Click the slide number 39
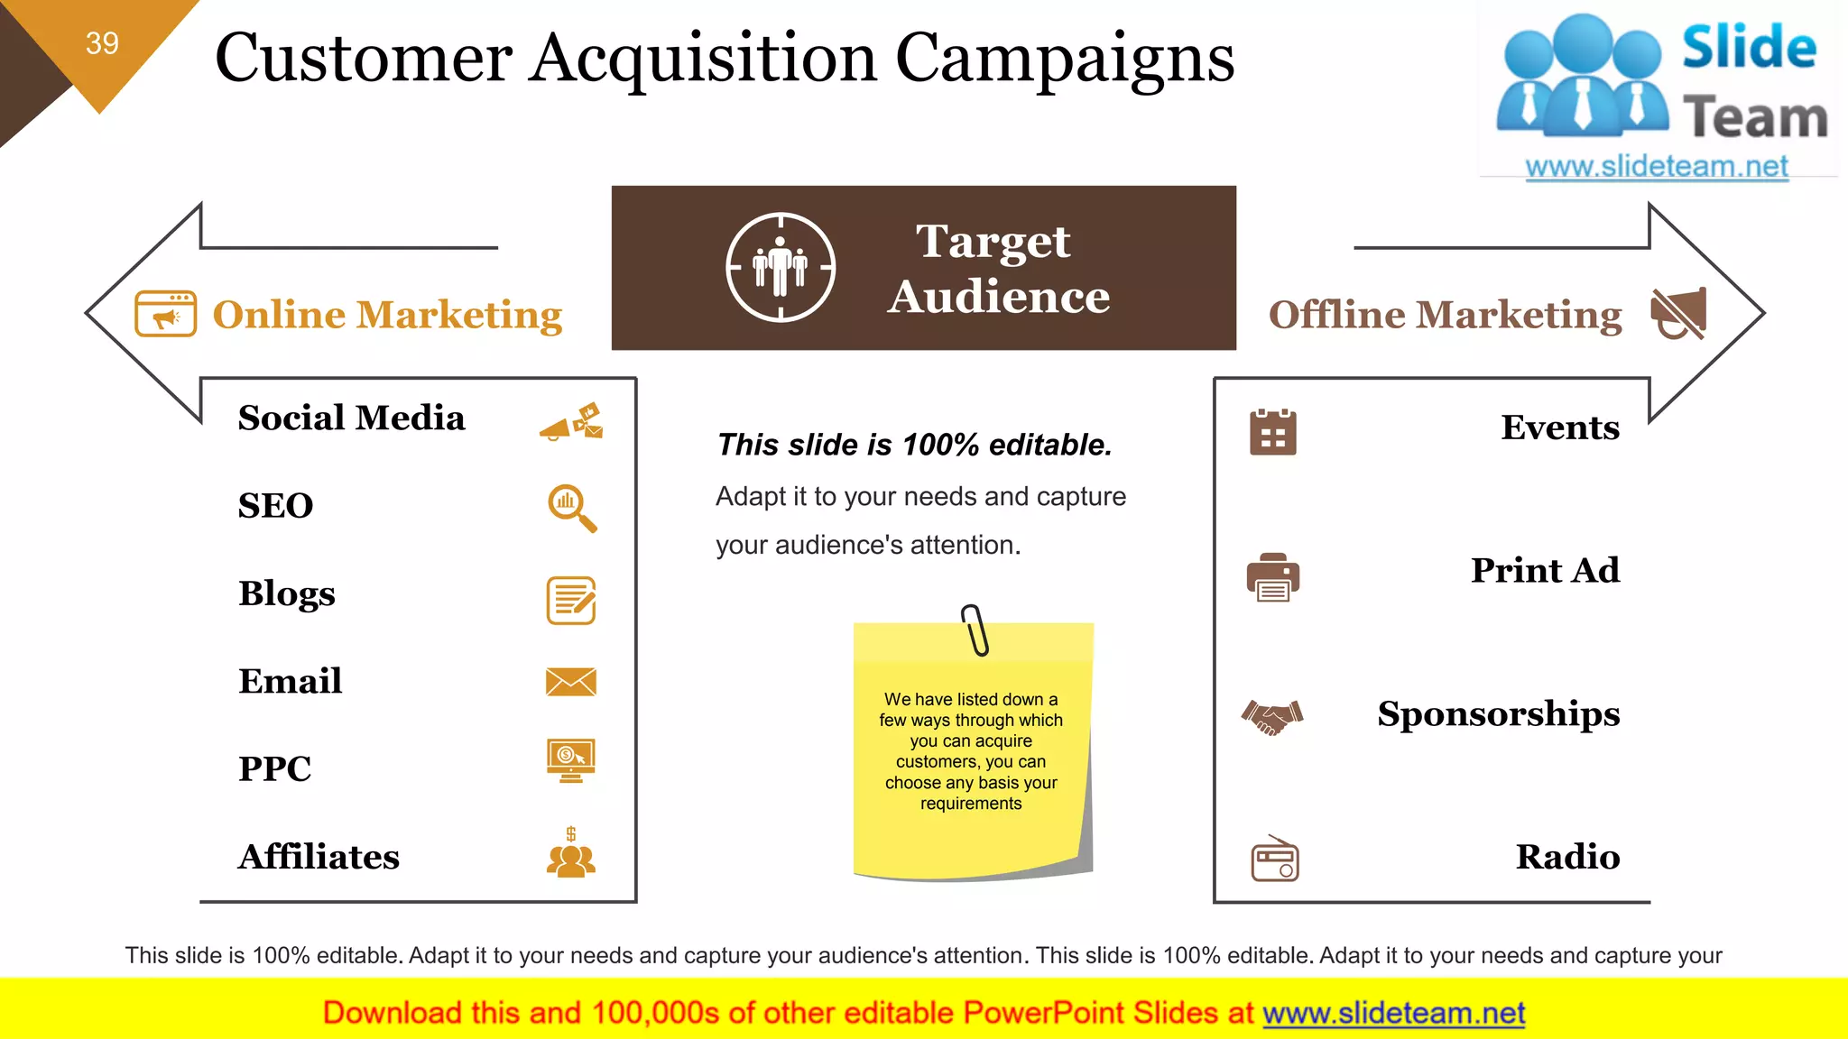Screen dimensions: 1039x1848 click(x=102, y=42)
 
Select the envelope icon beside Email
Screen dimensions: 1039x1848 click(x=571, y=682)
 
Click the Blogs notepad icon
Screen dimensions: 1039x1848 click(x=571, y=601)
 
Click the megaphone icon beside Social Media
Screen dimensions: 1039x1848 click(x=572, y=421)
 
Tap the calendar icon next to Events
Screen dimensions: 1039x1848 click(x=1272, y=432)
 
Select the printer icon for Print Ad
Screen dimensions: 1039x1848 click(x=1272, y=576)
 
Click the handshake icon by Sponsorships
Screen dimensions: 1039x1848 click(x=1272, y=717)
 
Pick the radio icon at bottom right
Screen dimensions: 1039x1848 click(x=1274, y=859)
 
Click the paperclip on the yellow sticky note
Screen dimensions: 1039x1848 click(x=975, y=630)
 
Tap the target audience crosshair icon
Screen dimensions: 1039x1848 click(x=781, y=267)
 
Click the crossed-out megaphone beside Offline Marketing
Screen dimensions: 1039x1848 click(x=1678, y=313)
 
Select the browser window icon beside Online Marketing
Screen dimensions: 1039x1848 click(x=165, y=314)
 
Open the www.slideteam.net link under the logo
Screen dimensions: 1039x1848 click(x=1656, y=166)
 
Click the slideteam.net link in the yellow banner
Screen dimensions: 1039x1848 click(x=1393, y=1013)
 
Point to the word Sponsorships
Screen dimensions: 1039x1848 click(x=1498, y=713)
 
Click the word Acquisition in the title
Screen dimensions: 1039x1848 click(x=703, y=58)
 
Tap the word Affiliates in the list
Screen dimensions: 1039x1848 click(x=319, y=857)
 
